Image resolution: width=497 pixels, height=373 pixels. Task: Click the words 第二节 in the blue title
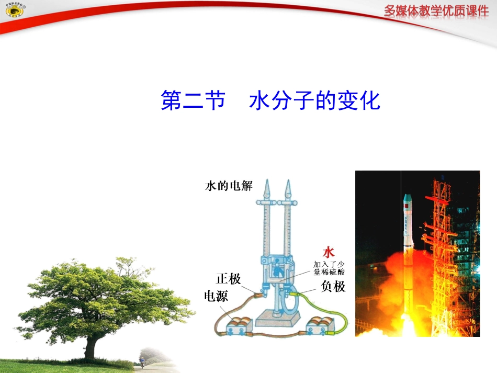pos(193,100)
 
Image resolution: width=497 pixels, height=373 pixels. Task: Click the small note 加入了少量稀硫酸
pos(329,268)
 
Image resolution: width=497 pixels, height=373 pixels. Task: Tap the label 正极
pos(229,279)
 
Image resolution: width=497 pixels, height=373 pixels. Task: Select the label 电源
pos(216,297)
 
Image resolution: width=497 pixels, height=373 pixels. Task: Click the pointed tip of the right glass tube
pos(287,187)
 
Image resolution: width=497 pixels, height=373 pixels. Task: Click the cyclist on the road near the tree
pos(142,361)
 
